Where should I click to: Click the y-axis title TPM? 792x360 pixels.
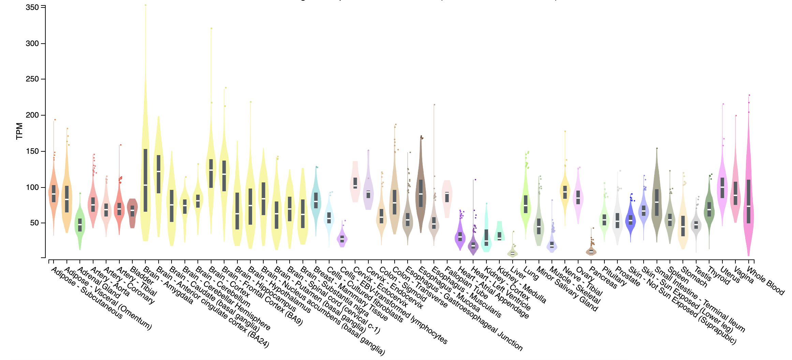pos(19,131)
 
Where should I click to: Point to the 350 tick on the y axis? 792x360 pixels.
pos(32,7)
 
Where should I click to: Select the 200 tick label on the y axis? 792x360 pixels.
pos(32,115)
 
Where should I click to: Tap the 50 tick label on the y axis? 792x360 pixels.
pos(34,223)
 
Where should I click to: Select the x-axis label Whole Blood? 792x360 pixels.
pos(765,281)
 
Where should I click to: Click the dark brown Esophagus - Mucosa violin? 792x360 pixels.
pos(421,194)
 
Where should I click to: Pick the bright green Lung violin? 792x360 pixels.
pos(526,205)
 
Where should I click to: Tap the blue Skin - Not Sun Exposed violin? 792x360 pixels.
pos(631,220)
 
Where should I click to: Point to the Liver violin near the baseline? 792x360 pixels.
pos(512,253)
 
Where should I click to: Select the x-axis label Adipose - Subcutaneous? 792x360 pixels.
pos(87,293)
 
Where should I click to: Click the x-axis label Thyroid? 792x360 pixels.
pos(718,275)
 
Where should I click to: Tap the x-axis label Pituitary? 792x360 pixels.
pos(614,276)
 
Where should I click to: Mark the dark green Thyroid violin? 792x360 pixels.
pos(709,211)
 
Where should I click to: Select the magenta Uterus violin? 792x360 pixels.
pos(722,191)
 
